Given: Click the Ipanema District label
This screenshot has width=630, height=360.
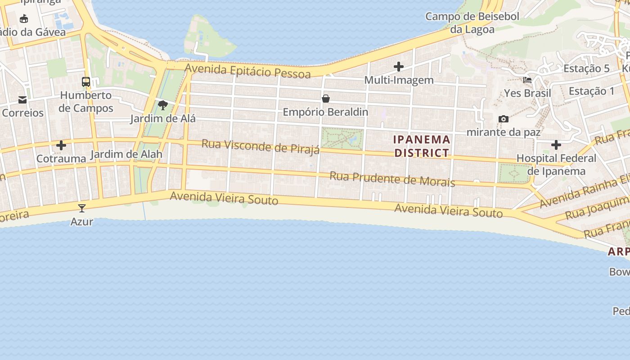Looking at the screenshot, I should click(422, 146).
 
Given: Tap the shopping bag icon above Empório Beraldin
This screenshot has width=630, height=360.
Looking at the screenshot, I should click(325, 99).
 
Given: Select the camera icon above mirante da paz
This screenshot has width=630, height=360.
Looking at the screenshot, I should click(503, 119).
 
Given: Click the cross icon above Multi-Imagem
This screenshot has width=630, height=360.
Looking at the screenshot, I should click(398, 67).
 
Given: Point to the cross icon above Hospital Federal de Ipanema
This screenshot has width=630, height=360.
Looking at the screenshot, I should click(556, 145).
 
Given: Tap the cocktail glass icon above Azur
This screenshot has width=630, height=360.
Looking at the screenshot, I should click(82, 208).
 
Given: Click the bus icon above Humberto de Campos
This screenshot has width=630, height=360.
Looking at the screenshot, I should click(85, 82).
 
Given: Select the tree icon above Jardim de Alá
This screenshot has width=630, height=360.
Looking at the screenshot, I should click(163, 106).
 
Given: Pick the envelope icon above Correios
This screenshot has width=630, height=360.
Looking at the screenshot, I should click(22, 99).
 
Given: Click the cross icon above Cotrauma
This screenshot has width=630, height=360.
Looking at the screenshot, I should click(61, 145).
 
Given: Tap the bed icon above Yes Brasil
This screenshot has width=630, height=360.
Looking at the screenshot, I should click(527, 80).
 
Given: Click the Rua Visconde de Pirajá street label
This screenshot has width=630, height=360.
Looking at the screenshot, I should click(261, 146).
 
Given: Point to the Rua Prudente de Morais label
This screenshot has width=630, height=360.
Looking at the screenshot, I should click(392, 179).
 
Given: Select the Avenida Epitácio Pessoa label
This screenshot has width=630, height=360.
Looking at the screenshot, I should click(247, 71).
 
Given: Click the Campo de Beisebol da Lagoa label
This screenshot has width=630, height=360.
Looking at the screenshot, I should click(472, 23).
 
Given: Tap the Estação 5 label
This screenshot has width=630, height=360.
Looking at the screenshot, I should click(586, 68).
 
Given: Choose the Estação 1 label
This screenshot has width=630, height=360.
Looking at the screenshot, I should click(591, 91).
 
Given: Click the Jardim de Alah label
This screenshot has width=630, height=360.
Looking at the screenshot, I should click(126, 154).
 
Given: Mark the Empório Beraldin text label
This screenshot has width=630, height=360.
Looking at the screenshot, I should click(325, 112).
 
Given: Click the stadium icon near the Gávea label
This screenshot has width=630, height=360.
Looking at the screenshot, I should click(24, 18).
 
